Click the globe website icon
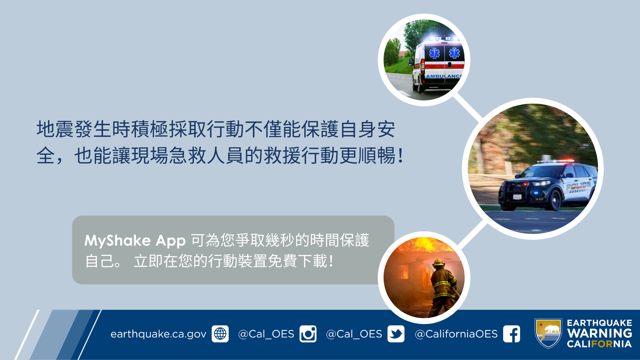coord(220,334)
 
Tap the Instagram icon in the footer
coord(308,334)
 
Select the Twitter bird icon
coord(396,334)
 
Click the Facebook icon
coord(512,334)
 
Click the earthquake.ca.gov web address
coord(158,334)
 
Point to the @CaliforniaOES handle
coord(456,334)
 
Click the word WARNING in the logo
coord(600,333)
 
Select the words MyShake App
coord(135,240)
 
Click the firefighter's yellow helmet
coord(438,262)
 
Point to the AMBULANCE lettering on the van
coord(444,76)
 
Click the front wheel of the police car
coord(554,200)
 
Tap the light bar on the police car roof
coord(556,162)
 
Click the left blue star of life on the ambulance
coord(434,54)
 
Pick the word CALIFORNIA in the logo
coord(600,344)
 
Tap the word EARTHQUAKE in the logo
coord(600,323)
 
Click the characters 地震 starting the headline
coord(55,129)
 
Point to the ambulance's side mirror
coord(411,62)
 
